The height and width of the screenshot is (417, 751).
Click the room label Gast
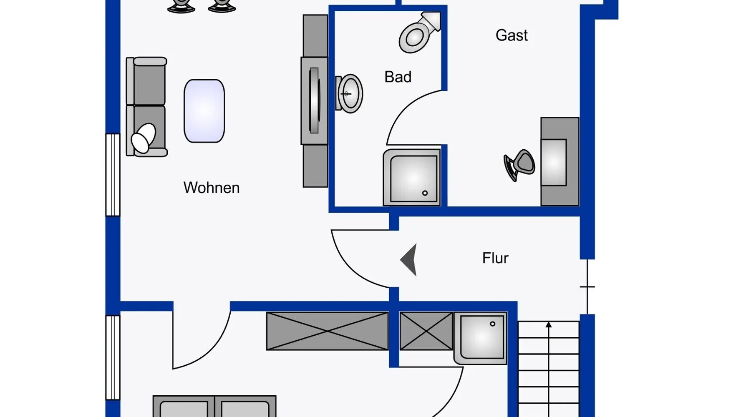[x=512, y=35]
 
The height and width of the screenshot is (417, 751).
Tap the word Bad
[x=398, y=77]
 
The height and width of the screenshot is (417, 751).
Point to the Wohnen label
[x=212, y=188]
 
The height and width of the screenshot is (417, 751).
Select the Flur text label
[x=495, y=258]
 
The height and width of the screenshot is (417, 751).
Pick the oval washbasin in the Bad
[x=350, y=94]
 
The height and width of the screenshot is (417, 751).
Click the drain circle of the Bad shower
[x=425, y=193]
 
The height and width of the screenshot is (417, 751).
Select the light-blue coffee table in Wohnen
[x=204, y=111]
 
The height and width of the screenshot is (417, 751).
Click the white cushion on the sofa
[x=143, y=138]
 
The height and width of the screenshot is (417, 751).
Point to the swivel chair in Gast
[x=519, y=164]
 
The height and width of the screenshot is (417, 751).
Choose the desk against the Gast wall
[x=559, y=162]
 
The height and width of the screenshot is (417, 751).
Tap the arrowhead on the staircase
[x=549, y=324]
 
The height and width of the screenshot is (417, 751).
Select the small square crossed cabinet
[x=426, y=331]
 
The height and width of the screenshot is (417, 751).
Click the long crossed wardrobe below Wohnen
[x=328, y=331]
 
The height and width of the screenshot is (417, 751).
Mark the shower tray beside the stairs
[x=481, y=338]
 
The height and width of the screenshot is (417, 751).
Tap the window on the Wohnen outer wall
[x=113, y=175]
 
